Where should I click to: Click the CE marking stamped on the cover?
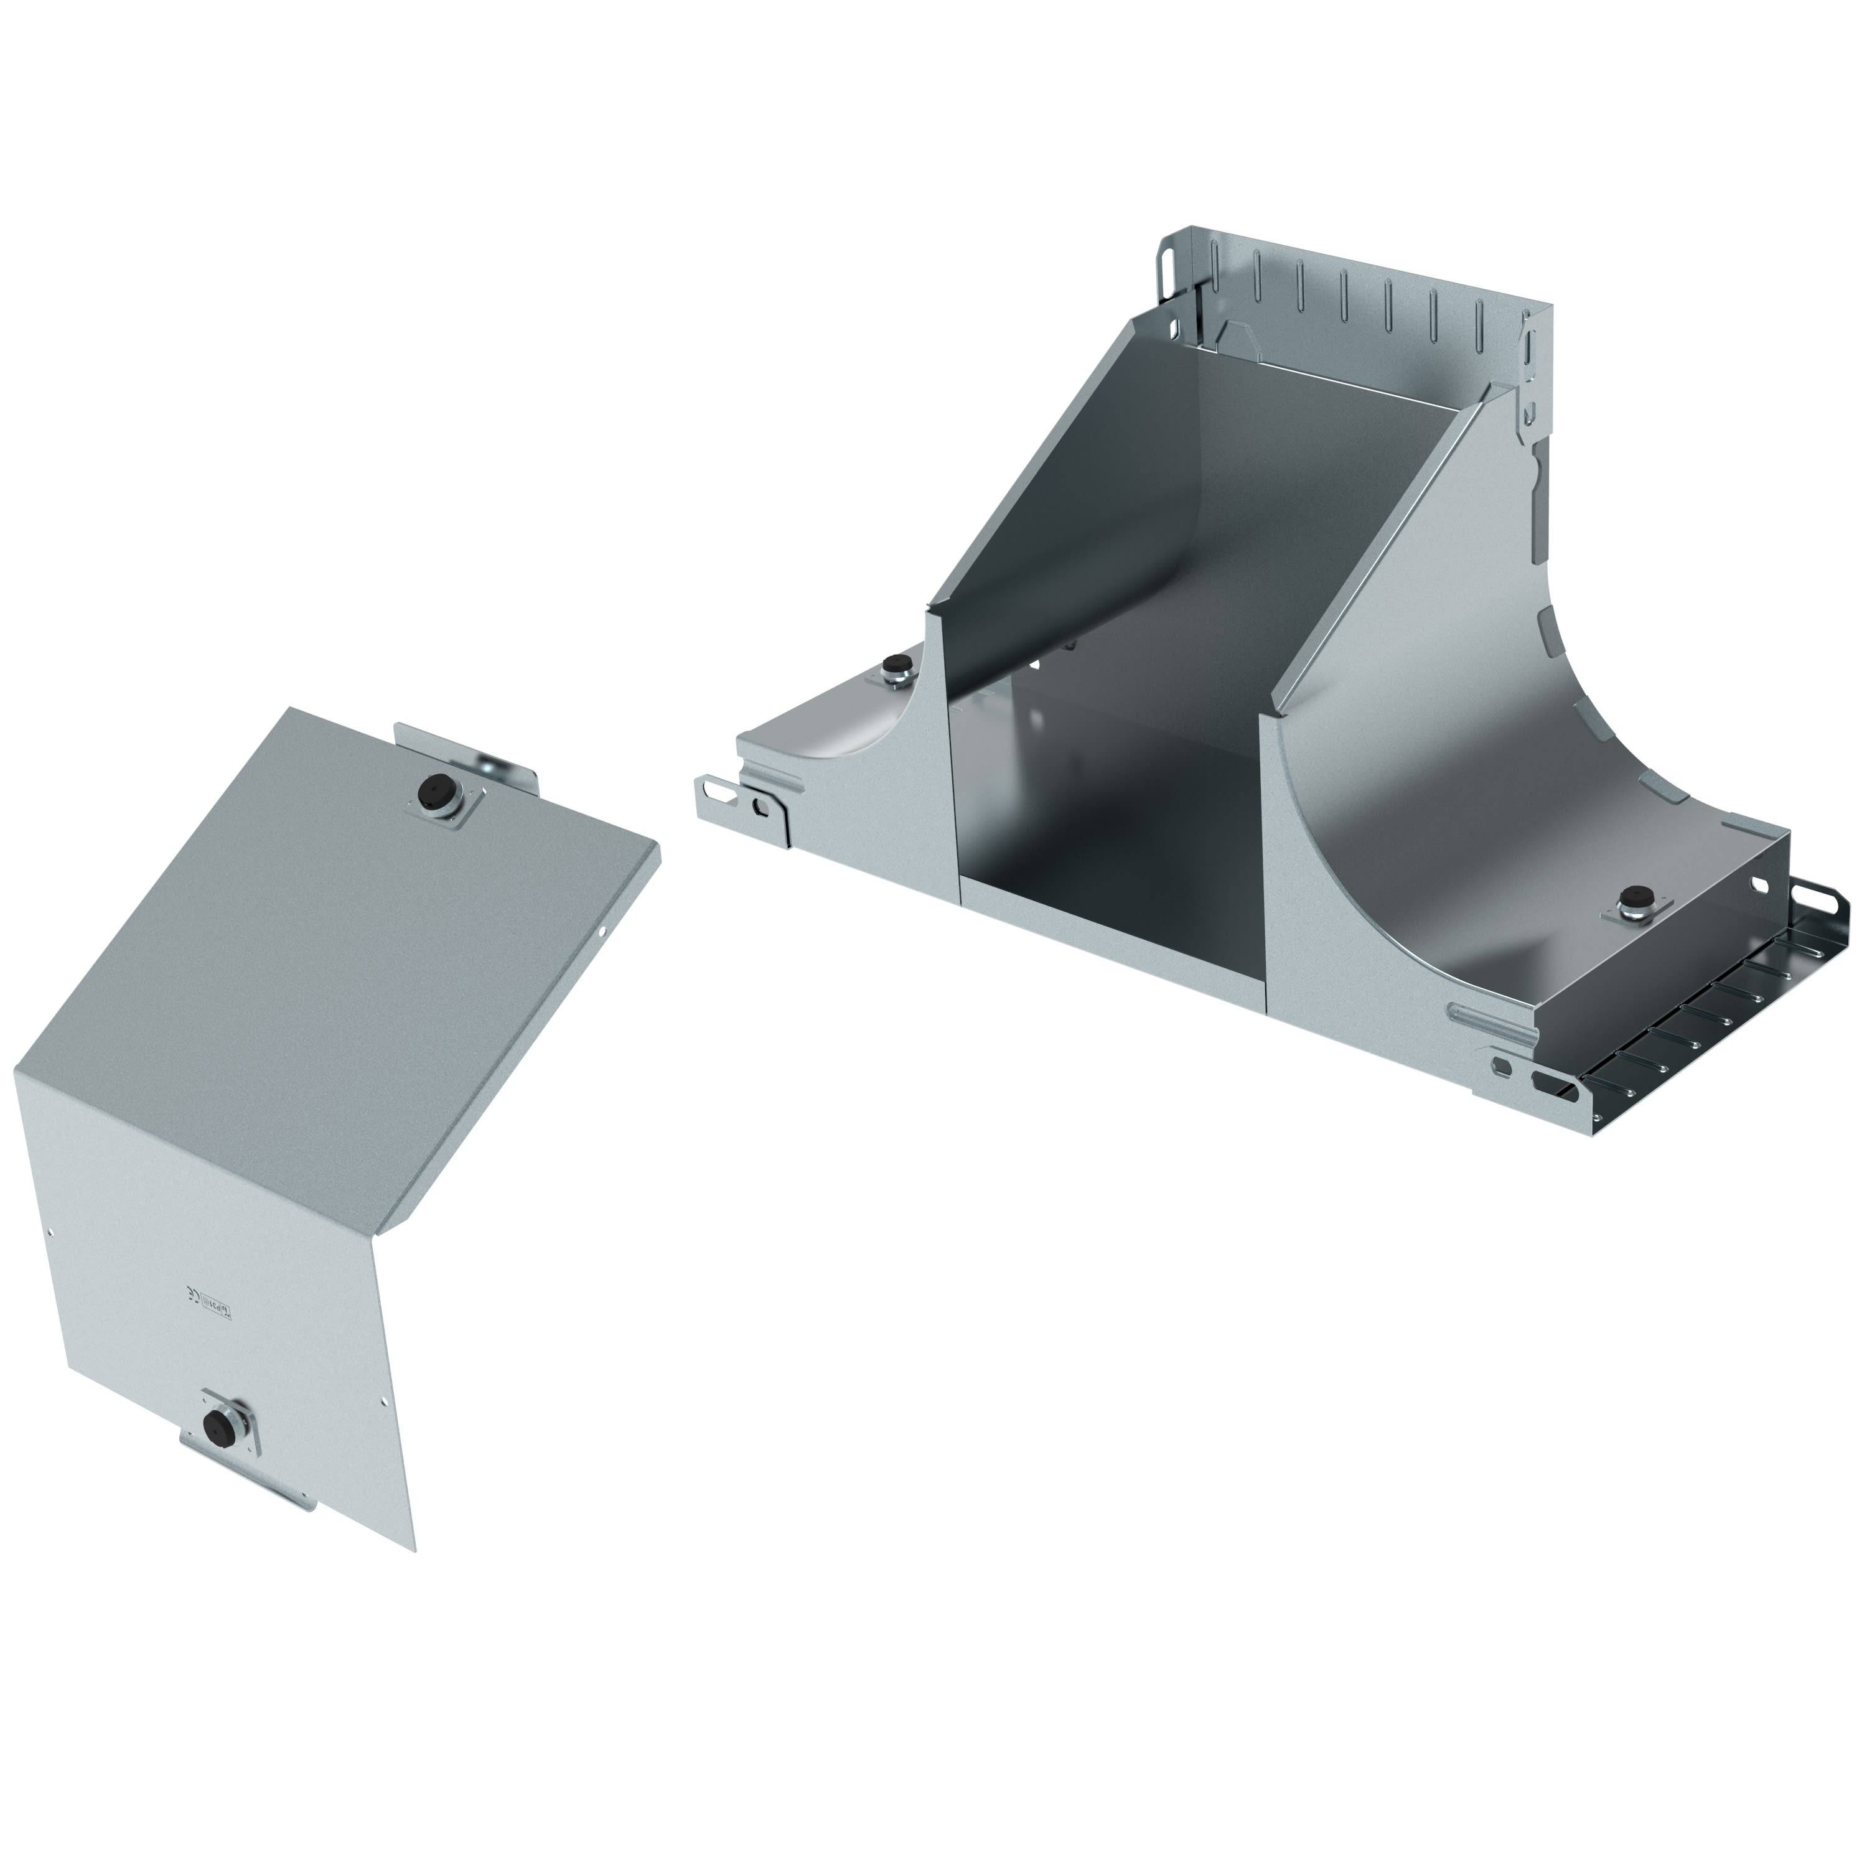coord(190,1294)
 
